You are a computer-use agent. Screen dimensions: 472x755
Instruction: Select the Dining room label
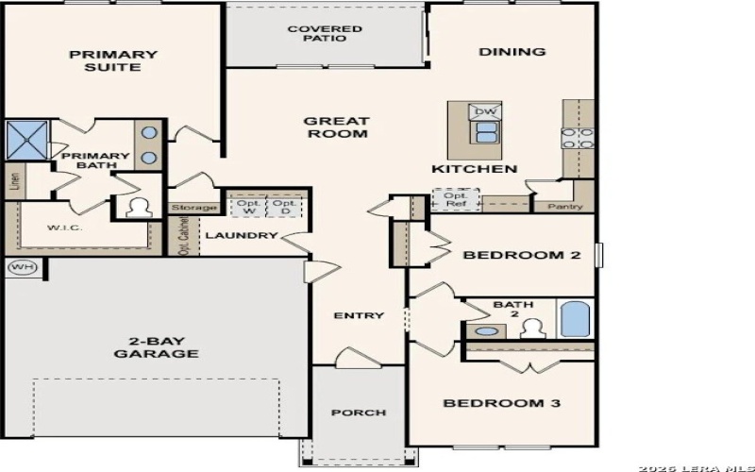point(512,52)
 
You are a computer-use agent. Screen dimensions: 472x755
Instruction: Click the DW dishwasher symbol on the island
point(486,111)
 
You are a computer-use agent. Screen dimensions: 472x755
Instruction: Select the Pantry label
point(564,207)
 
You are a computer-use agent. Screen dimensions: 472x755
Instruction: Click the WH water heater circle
point(22,267)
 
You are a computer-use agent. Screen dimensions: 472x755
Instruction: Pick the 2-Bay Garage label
point(156,347)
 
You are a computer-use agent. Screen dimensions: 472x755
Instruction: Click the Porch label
point(358,413)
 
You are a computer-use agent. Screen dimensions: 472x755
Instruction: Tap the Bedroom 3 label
point(502,403)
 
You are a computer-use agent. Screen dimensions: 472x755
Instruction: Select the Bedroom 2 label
point(520,255)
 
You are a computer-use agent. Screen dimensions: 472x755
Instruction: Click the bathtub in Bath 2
point(575,318)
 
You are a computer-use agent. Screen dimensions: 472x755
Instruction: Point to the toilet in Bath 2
point(531,329)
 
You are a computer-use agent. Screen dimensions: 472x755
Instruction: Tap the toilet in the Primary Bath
point(138,207)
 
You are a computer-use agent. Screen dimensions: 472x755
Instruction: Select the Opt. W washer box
point(248,208)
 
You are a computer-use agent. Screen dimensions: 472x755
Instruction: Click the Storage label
point(194,208)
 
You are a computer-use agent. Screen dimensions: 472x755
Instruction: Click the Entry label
point(359,315)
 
